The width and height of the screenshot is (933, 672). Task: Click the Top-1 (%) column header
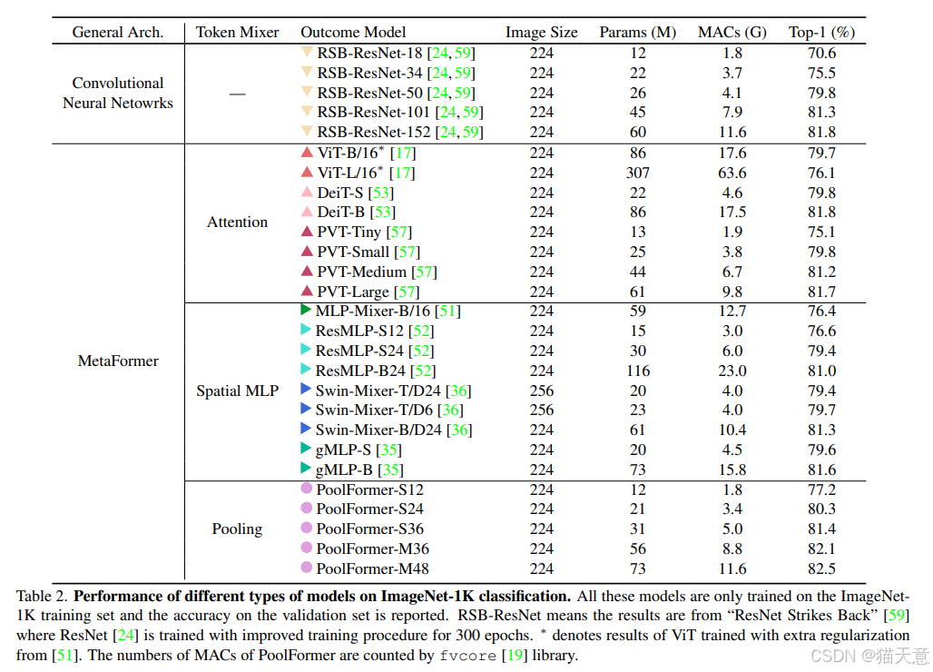pyautogui.click(x=821, y=32)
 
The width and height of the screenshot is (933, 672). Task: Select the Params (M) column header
pyautogui.click(x=637, y=32)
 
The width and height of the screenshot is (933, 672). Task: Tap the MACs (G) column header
pyautogui.click(x=732, y=32)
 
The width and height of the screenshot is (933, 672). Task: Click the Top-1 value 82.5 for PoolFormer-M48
pyautogui.click(x=821, y=569)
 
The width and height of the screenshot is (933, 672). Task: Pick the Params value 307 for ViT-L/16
pyautogui.click(x=637, y=173)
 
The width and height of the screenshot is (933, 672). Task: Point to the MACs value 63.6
pyautogui.click(x=732, y=173)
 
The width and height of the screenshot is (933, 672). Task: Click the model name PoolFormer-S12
pyautogui.click(x=369, y=489)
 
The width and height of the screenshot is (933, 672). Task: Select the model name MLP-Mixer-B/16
pyautogui.click(x=375, y=311)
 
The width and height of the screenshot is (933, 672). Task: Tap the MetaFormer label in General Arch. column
pyautogui.click(x=118, y=361)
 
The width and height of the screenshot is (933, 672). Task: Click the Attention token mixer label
pyautogui.click(x=237, y=222)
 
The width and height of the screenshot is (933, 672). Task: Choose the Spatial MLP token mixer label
pyautogui.click(x=237, y=391)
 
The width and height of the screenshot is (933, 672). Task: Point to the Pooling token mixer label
pyautogui.click(x=237, y=529)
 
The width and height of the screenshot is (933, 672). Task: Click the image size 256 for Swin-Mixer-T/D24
pyautogui.click(x=541, y=390)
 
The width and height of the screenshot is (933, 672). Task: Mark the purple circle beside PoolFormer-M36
pyautogui.click(x=307, y=548)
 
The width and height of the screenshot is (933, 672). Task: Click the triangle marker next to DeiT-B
pyautogui.click(x=307, y=212)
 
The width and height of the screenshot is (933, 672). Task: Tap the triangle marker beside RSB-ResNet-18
pyautogui.click(x=307, y=53)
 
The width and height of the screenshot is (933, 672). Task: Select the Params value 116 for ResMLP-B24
pyautogui.click(x=637, y=371)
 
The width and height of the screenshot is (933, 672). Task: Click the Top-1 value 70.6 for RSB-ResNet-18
pyautogui.click(x=821, y=53)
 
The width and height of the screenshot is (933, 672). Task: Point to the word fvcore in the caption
pyautogui.click(x=468, y=655)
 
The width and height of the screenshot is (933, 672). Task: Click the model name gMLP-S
pyautogui.click(x=344, y=450)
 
